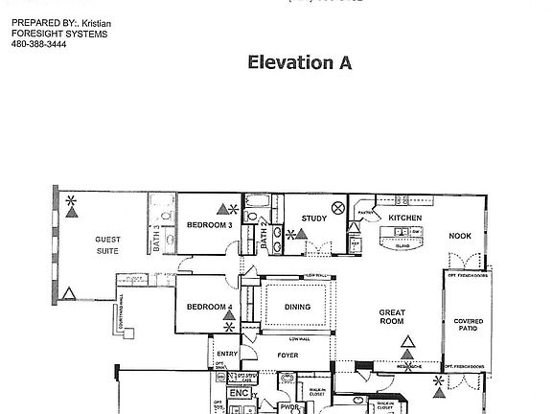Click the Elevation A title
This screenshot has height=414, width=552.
(x=299, y=63)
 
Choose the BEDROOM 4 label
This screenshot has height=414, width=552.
(x=210, y=307)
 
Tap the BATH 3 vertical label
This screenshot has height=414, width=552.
(x=155, y=237)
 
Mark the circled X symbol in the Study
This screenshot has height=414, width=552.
(x=337, y=207)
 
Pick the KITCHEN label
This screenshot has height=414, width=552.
(x=405, y=218)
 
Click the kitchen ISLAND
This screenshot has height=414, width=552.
(x=403, y=243)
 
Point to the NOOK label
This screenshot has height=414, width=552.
(x=461, y=235)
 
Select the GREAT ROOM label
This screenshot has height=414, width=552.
(x=394, y=317)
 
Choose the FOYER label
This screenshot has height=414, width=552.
(x=288, y=355)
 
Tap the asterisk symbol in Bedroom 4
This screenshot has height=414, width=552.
(x=228, y=327)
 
